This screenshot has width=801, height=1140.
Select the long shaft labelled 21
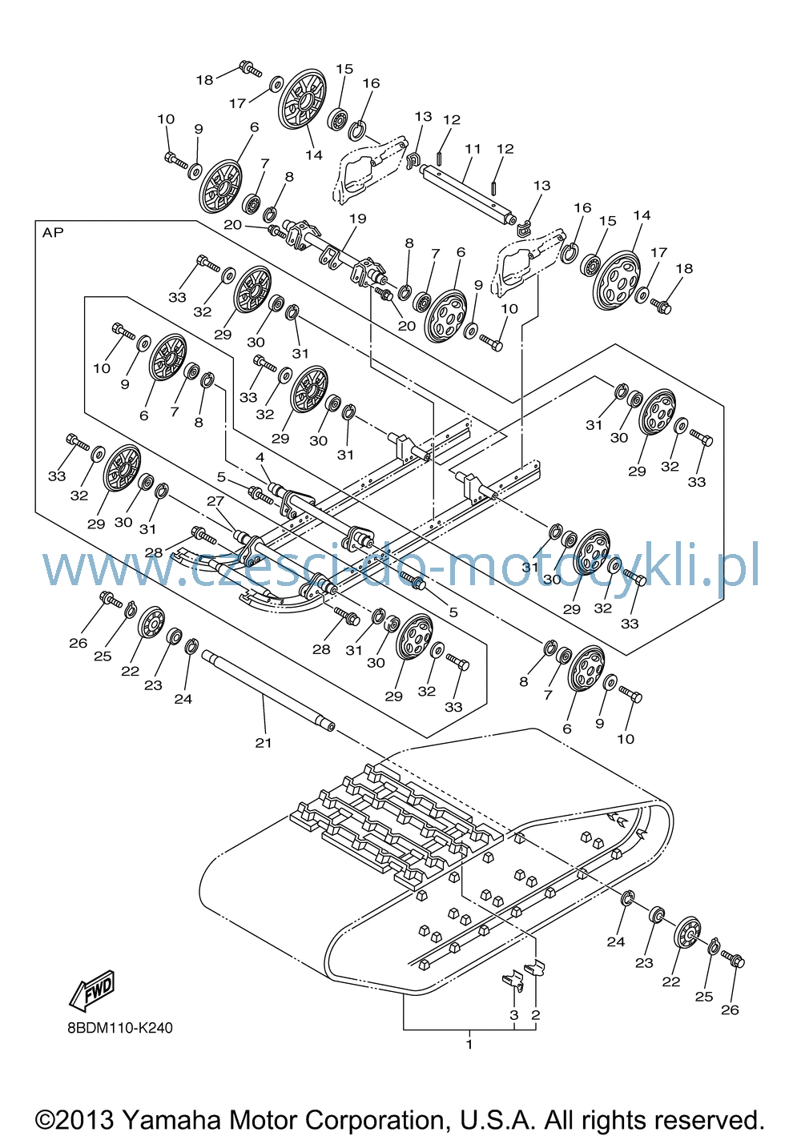pos(268,691)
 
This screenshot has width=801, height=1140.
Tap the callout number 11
pos(473,149)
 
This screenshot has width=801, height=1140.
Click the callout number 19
pos(358,219)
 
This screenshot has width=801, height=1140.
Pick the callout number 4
pos(260,457)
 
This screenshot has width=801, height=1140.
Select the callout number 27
pos(215,501)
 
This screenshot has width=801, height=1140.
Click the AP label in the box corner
pos(53,233)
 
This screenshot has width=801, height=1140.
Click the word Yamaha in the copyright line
pos(172,1120)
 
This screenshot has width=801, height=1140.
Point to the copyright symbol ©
pos(44,1121)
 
